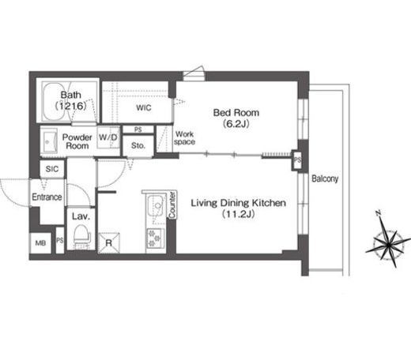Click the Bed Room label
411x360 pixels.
click(x=236, y=118)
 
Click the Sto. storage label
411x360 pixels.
click(x=138, y=146)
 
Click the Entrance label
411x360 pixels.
click(x=47, y=197)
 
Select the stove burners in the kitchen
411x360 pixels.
click(x=153, y=238)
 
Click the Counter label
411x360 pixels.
click(x=171, y=207)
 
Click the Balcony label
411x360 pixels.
click(x=324, y=178)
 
